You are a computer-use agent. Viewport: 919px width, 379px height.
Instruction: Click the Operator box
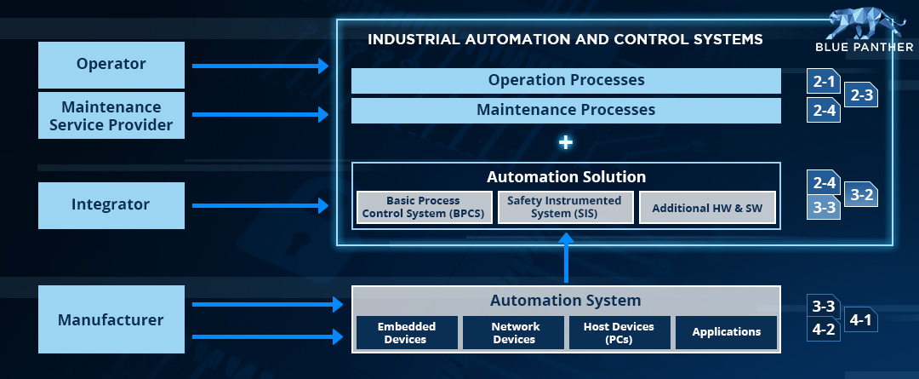111,65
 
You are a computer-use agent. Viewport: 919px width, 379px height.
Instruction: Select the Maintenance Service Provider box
111,117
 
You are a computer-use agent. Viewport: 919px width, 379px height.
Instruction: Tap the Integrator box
111,204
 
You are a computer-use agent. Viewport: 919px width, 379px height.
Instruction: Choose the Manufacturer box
111,320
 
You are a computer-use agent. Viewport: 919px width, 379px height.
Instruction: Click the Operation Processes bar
566,81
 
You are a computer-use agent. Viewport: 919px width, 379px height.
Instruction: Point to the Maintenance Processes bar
566,111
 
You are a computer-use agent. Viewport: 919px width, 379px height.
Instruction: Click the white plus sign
566,142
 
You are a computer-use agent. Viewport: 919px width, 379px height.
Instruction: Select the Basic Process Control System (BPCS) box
423,208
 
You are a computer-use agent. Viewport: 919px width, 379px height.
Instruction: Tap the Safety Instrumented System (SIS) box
565,208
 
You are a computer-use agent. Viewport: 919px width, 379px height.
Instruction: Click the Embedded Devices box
406,332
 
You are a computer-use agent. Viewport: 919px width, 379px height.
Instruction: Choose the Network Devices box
513,332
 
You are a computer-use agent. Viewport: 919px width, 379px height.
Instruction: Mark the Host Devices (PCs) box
619,332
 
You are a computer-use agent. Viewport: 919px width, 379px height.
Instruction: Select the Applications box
726,332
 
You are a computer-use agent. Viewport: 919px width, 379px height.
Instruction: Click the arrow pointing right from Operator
260,66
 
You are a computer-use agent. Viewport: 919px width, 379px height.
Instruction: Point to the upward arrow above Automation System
566,256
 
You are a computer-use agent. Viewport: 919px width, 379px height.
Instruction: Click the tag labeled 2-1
824,83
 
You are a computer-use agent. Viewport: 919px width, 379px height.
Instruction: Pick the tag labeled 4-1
860,321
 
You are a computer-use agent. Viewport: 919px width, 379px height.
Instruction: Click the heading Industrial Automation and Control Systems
564,39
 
